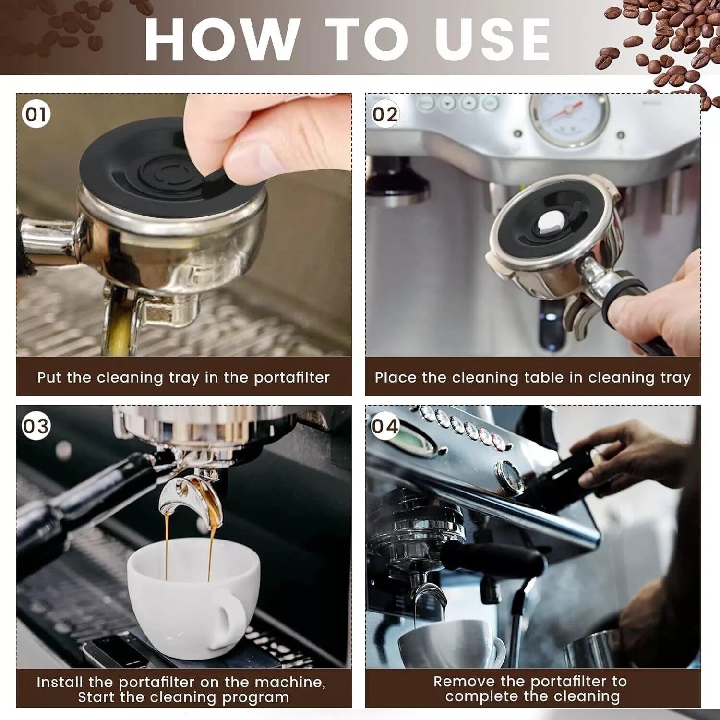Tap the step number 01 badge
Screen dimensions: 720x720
pyautogui.click(x=36, y=115)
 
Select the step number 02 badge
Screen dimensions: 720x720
pyautogui.click(x=385, y=115)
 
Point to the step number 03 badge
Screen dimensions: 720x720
pyautogui.click(x=36, y=426)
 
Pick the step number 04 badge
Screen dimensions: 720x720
pyautogui.click(x=385, y=426)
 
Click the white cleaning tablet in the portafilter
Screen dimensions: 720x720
pyautogui.click(x=547, y=222)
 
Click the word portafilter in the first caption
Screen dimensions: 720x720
pyautogui.click(x=291, y=378)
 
